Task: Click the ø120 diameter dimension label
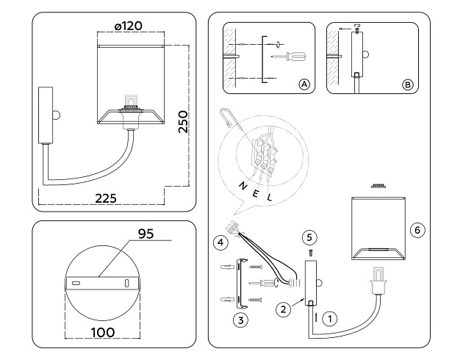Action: point(129,26)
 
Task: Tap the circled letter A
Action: point(303,85)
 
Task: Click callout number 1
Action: point(331,319)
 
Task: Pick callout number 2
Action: point(281,309)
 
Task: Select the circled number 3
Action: point(239,320)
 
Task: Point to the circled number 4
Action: point(219,240)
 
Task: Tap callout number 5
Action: point(309,237)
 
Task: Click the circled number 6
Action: point(417,231)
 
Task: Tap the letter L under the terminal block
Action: point(270,198)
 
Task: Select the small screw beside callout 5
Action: point(309,251)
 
